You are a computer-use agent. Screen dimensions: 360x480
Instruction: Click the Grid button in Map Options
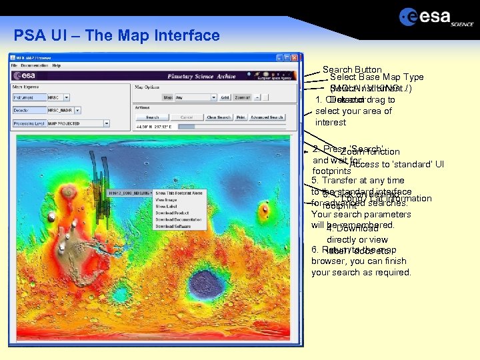pyautogui.click(x=225, y=97)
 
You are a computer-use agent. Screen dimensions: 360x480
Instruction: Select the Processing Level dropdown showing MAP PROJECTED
pyautogui.click(x=77, y=123)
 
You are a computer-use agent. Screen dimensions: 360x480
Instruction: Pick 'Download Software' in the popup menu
pyautogui.click(x=173, y=227)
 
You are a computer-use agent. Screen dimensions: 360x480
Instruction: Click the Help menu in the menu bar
pyautogui.click(x=57, y=65)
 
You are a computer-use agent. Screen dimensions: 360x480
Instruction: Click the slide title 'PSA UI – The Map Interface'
pyautogui.click(x=117, y=35)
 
